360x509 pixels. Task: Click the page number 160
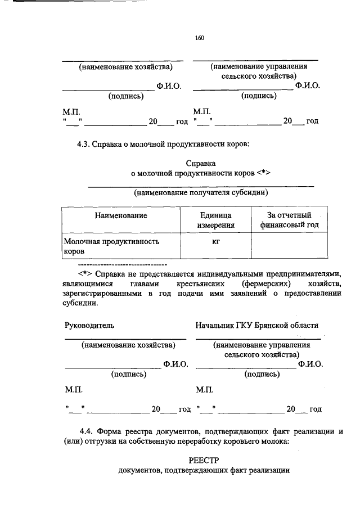point(199,38)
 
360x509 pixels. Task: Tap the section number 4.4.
point(87,431)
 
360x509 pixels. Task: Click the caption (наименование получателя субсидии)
point(201,193)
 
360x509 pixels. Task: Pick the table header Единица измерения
point(215,220)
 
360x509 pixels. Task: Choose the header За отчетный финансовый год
point(289,220)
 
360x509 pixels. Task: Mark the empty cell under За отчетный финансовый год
point(289,246)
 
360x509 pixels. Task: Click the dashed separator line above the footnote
point(121,264)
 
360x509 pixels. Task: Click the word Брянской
point(272,325)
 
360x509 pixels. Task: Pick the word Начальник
point(215,325)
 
